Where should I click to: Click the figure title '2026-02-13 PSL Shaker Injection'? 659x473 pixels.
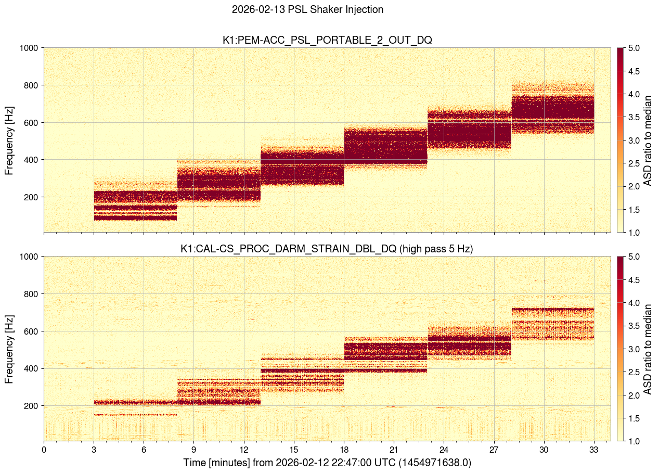(x=307, y=9)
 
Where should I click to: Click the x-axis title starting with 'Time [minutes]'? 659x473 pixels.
(x=327, y=463)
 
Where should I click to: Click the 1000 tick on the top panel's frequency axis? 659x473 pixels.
(x=29, y=48)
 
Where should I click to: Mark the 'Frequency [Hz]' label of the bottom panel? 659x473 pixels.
(x=9, y=348)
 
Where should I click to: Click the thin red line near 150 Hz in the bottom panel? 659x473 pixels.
(x=135, y=415)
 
